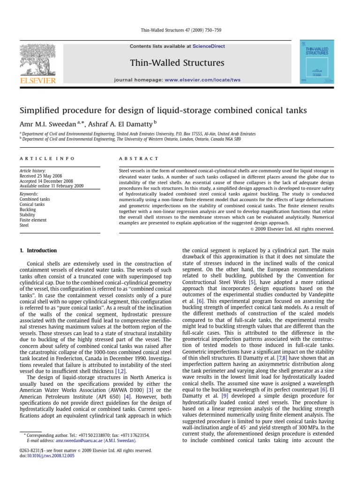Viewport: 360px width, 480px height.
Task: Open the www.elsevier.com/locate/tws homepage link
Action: [x=202, y=80]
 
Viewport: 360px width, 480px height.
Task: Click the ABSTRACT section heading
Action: [x=140, y=159]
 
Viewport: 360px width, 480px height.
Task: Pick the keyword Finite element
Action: [x=33, y=220]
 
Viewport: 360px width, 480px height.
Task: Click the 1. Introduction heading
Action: [x=38, y=251]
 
